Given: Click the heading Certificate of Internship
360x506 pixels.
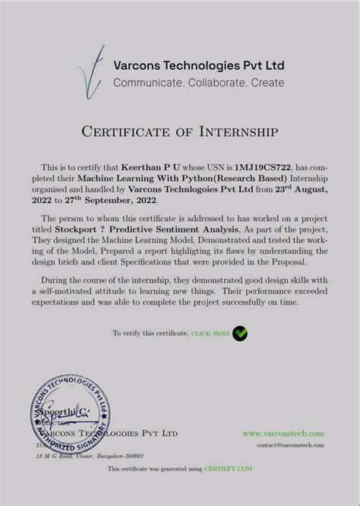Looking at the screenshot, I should [x=180, y=132].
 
